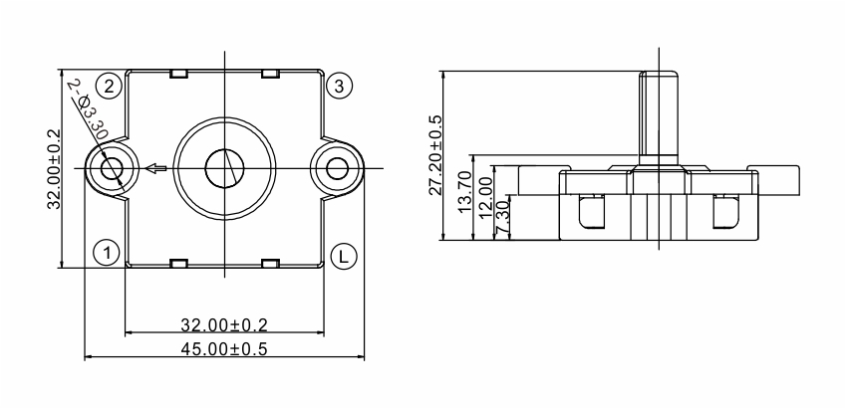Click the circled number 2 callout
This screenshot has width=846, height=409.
pyautogui.click(x=109, y=87)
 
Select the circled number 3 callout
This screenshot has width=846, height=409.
pyautogui.click(x=339, y=87)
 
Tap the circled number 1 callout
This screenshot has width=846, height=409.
pyautogui.click(x=108, y=252)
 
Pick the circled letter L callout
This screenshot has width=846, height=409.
pyautogui.click(x=344, y=257)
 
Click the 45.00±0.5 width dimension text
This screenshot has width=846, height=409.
pyautogui.click(x=224, y=349)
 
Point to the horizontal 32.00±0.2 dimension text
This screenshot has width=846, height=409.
pyautogui.click(x=224, y=325)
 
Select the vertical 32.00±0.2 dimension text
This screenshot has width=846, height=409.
pyautogui.click(x=54, y=169)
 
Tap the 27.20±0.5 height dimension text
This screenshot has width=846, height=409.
pyautogui.click(x=434, y=155)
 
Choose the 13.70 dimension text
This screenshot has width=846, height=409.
pyautogui.click(x=464, y=191)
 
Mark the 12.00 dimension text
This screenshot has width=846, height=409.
pyautogui.click(x=486, y=198)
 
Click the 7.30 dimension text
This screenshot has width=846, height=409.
pyautogui.click(x=502, y=218)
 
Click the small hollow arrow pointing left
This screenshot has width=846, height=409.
pyautogui.click(x=155, y=168)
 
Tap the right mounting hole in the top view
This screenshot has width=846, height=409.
pyautogui.click(x=337, y=168)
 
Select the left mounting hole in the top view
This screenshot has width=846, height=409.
pyautogui.click(x=113, y=168)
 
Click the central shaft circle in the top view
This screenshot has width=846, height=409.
pyautogui.click(x=224, y=168)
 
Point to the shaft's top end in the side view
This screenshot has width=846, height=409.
pyautogui.click(x=659, y=72)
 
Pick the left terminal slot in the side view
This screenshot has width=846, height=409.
pyautogui.click(x=592, y=212)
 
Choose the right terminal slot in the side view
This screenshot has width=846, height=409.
pyautogui.click(x=726, y=212)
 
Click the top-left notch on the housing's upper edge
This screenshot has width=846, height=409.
pyautogui.click(x=178, y=74)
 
